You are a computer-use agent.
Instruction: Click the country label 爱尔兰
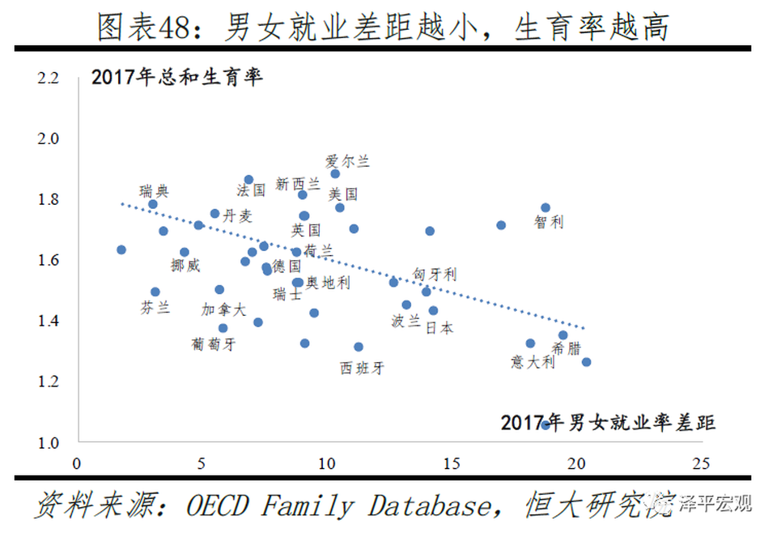pyautogui.click(x=347, y=161)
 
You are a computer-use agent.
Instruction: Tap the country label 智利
pyautogui.click(x=549, y=222)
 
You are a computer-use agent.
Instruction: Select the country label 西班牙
pyautogui.click(x=362, y=369)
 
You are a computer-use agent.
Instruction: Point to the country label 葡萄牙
pyautogui.click(x=214, y=343)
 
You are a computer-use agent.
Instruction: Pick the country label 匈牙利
pyautogui.click(x=434, y=275)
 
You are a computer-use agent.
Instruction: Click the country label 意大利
pyautogui.click(x=533, y=362)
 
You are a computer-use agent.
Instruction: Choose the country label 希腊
pyautogui.click(x=566, y=349)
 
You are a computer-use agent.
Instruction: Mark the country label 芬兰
pyautogui.click(x=155, y=308)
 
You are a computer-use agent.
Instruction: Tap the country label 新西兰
pyautogui.click(x=298, y=185)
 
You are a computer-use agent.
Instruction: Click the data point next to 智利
pyautogui.click(x=546, y=208)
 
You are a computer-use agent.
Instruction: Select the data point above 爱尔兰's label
pyautogui.click(x=335, y=173)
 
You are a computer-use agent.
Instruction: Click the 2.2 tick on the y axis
pyautogui.click(x=49, y=79)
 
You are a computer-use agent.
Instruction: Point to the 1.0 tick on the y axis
pyautogui.click(x=49, y=442)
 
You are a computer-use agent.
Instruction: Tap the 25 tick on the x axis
pyautogui.click(x=701, y=464)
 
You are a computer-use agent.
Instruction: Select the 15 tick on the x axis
pyautogui.click(x=451, y=464)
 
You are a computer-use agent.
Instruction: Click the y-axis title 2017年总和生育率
pyautogui.click(x=178, y=79)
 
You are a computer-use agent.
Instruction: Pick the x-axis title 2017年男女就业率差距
pyautogui.click(x=608, y=423)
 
